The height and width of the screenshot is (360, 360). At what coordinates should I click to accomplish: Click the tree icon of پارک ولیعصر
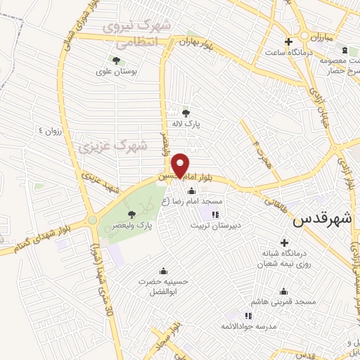[x=131, y=214]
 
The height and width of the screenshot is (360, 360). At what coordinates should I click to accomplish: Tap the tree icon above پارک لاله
[x=186, y=112]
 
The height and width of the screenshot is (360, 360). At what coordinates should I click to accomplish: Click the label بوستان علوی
[x=115, y=71]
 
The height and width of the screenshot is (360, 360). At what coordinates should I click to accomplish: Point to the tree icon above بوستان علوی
[x=115, y=60]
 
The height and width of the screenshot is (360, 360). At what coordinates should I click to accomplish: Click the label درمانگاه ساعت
[x=289, y=51]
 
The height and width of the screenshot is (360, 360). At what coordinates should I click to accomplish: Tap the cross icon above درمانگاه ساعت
[x=288, y=41]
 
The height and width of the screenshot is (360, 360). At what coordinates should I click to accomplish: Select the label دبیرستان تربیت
[x=215, y=226]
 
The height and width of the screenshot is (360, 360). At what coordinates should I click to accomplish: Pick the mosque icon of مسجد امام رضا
[x=191, y=191]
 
